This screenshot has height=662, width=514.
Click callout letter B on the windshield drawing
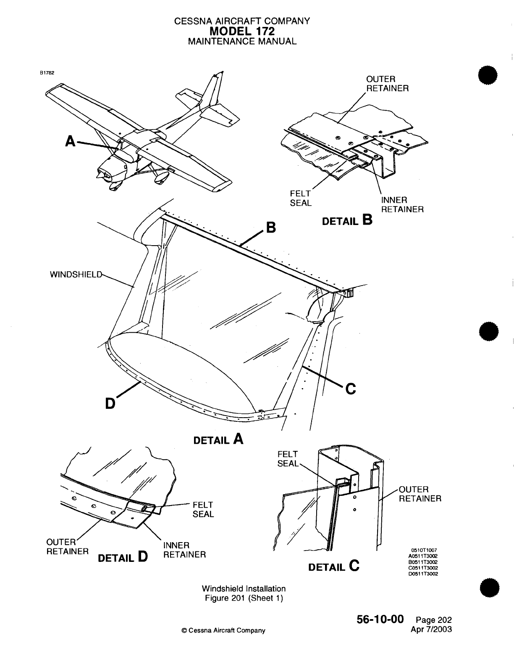[x=271, y=228]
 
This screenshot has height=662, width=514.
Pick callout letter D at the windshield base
[x=110, y=403]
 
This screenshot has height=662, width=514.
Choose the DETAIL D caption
[x=122, y=558]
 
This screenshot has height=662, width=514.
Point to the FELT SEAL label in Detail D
[x=203, y=509]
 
